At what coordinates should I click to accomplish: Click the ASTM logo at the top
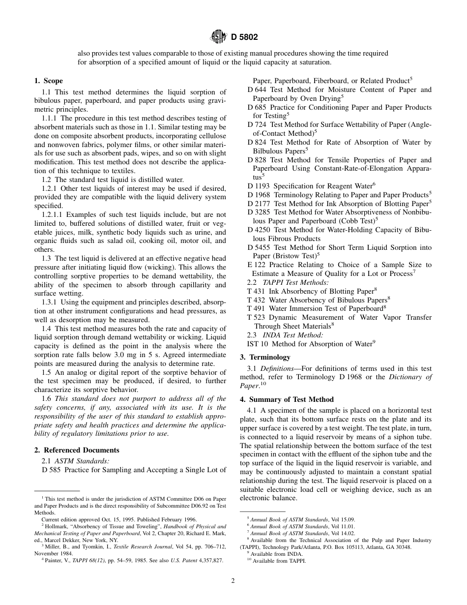(218, 36)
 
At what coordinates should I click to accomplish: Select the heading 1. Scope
(48, 81)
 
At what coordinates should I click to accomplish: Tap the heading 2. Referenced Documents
(77, 450)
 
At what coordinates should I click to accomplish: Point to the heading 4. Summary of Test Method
(287, 399)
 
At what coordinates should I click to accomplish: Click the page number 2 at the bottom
(233, 580)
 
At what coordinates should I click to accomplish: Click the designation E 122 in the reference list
(256, 265)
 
